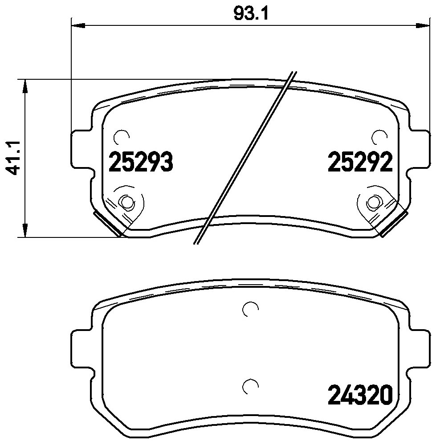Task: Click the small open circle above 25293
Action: tap(121, 137)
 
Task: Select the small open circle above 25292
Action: tap(378, 137)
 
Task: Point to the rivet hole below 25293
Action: tap(127, 203)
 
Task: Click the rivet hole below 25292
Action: tap(372, 203)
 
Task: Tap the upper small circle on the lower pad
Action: tap(249, 309)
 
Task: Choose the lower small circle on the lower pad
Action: tap(249, 386)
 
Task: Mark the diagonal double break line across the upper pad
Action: tap(245, 158)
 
